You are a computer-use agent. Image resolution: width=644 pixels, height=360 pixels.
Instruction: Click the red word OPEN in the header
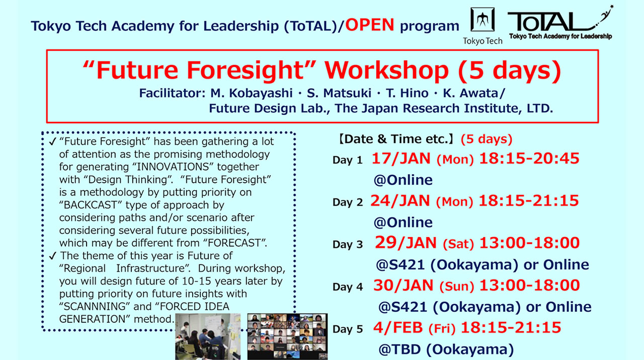pyautogui.click(x=370, y=25)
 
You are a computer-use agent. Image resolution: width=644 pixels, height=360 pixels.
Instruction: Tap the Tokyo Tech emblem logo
pyautogui.click(x=482, y=20)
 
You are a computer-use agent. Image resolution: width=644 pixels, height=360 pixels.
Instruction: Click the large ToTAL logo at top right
pyautogui.click(x=558, y=23)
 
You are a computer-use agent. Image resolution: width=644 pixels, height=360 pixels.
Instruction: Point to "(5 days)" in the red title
pyautogui.click(x=509, y=71)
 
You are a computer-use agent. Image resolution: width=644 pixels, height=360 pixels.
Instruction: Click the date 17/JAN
pyautogui.click(x=401, y=159)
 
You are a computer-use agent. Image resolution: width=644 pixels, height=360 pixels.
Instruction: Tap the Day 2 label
pyautogui.click(x=347, y=202)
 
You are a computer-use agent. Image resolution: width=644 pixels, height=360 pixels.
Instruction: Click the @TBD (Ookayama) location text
pyautogui.click(x=446, y=349)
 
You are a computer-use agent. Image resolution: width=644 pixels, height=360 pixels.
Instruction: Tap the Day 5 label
pyautogui.click(x=347, y=329)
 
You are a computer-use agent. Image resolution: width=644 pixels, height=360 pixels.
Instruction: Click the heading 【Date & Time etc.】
pyautogui.click(x=395, y=139)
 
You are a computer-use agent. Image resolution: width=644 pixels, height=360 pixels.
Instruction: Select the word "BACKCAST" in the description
pyautogui.click(x=92, y=205)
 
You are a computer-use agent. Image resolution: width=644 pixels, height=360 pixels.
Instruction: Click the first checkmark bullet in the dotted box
pyautogui.click(x=53, y=142)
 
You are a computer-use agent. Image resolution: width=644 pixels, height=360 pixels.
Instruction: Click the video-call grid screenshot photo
pyautogui.click(x=287, y=336)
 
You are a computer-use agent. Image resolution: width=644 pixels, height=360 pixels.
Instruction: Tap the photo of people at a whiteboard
pyautogui.click(x=208, y=336)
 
